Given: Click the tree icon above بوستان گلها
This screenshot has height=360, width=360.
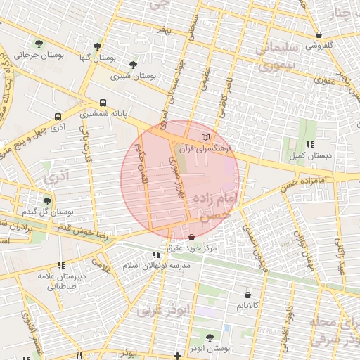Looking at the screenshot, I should pos(97,46).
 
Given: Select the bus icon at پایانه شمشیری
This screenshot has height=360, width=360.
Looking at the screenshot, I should pos(103,102).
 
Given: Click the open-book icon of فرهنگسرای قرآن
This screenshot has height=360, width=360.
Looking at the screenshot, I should pos(205,136).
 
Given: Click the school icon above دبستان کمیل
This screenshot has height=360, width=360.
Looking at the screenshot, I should pos(311,143).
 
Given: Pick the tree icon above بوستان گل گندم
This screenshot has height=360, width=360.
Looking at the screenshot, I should pos(47,200).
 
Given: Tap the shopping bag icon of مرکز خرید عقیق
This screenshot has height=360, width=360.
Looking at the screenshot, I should pos(193,238).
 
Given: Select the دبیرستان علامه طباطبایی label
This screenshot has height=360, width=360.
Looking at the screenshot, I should pos(61,281).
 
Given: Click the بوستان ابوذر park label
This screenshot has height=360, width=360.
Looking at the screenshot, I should pos(210,348).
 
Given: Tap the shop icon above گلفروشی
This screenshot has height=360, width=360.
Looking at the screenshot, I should pos(319,34).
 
